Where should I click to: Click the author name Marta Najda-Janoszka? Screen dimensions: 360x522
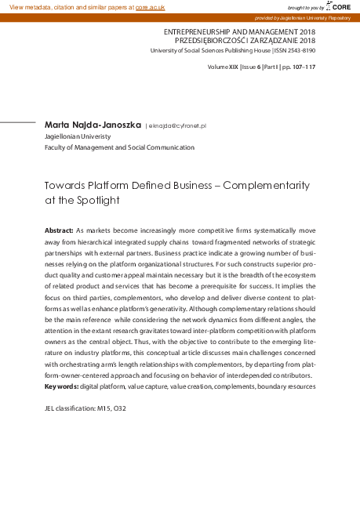(x=93, y=125)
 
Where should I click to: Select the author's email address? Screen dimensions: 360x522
(x=177, y=125)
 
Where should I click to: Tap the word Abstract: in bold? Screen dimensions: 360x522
(x=59, y=232)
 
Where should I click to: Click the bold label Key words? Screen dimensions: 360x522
(x=62, y=386)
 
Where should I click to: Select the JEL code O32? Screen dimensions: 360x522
(x=118, y=408)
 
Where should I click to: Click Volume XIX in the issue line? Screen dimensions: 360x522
(x=223, y=67)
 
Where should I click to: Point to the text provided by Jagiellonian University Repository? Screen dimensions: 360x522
(x=306, y=16)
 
